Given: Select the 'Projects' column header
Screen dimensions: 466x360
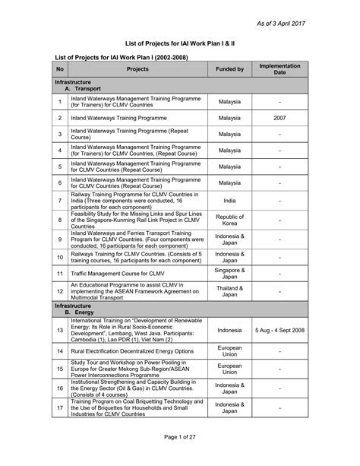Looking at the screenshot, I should pyautogui.click(x=137, y=69).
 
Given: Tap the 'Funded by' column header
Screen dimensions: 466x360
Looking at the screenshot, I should pyautogui.click(x=229, y=69).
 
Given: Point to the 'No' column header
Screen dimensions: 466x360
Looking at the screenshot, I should pyautogui.click(x=59, y=69).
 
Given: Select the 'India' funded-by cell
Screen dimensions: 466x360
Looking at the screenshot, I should pyautogui.click(x=229, y=200).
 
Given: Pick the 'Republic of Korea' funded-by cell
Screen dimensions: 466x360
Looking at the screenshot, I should pyautogui.click(x=229, y=220).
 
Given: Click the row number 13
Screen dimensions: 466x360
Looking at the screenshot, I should pyautogui.click(x=59, y=331).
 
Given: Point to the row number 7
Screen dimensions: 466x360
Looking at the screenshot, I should pyautogui.click(x=59, y=200).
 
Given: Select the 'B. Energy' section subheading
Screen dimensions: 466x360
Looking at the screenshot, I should pyautogui.click(x=79, y=312).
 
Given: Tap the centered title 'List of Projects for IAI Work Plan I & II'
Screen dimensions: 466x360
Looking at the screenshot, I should pyautogui.click(x=179, y=44).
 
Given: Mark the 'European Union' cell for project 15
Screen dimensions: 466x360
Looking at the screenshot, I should pyautogui.click(x=229, y=369).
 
